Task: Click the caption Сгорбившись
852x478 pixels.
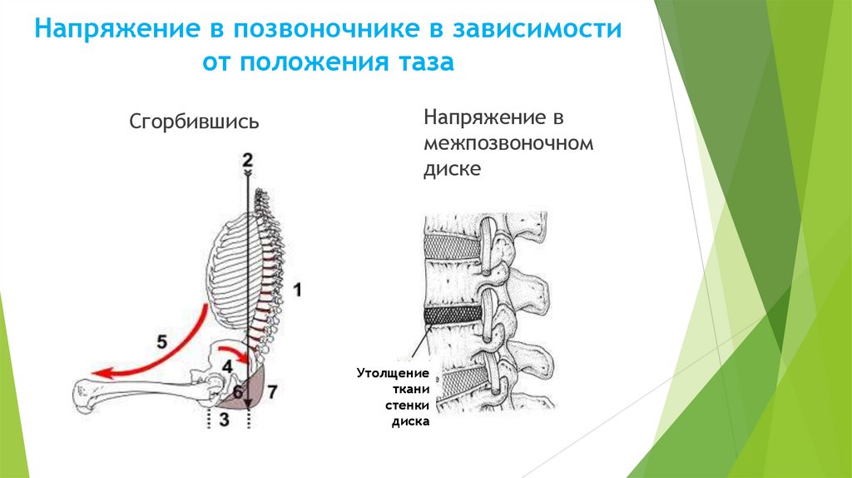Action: [194, 122]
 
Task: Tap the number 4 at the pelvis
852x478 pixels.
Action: [226, 364]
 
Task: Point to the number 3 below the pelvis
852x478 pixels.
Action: [223, 421]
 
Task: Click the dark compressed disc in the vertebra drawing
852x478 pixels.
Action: [453, 316]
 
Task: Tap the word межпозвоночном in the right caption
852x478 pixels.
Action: [508, 142]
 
